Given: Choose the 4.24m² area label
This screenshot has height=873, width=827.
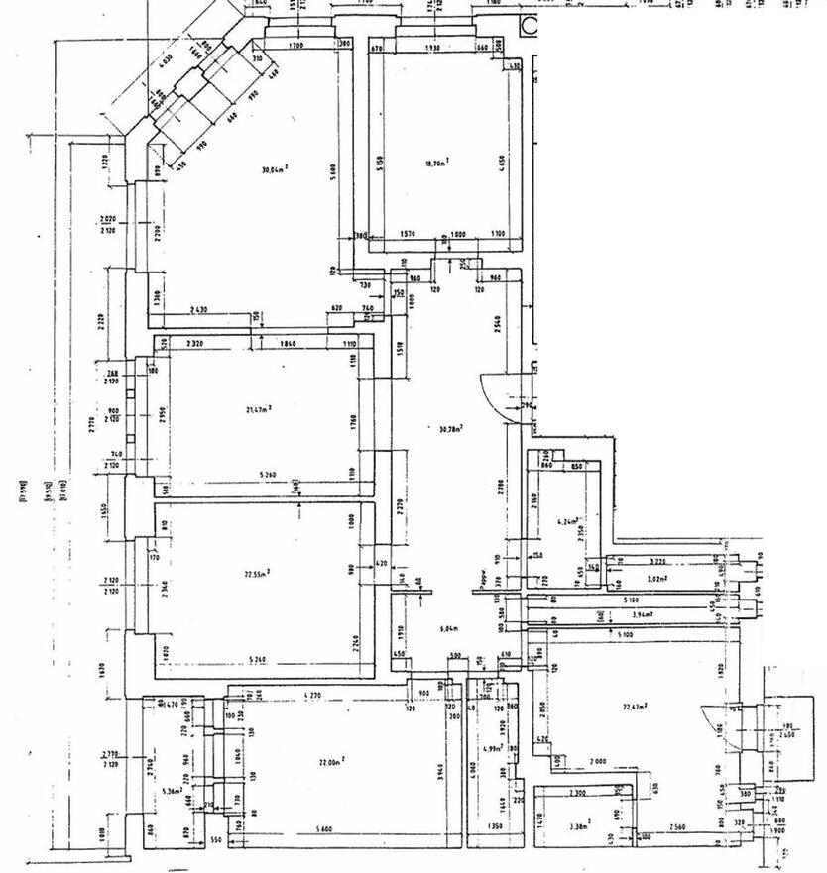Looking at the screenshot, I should [x=567, y=519].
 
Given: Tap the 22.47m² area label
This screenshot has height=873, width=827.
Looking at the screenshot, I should [x=635, y=706].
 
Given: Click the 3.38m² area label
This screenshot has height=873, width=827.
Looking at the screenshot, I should [x=579, y=822].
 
